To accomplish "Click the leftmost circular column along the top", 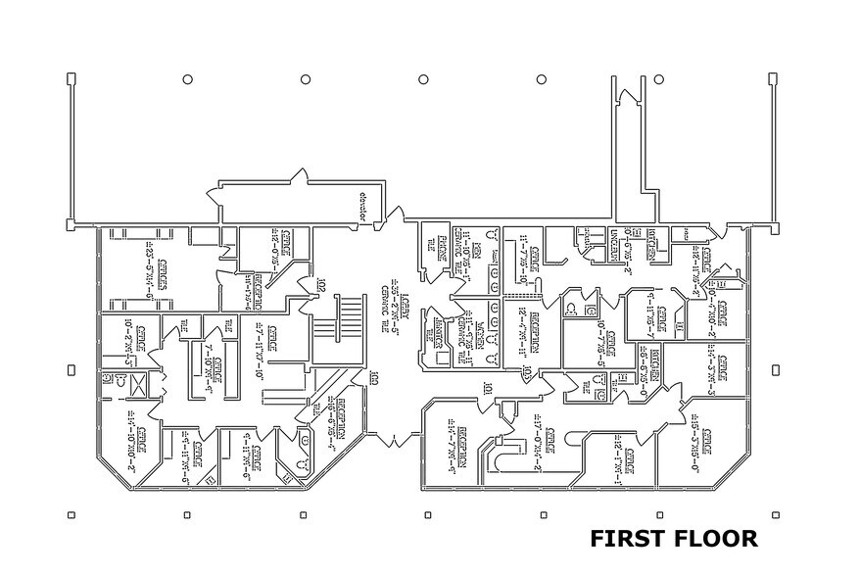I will pyautogui.click(x=186, y=79).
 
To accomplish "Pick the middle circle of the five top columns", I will pyautogui.click(x=422, y=79).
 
